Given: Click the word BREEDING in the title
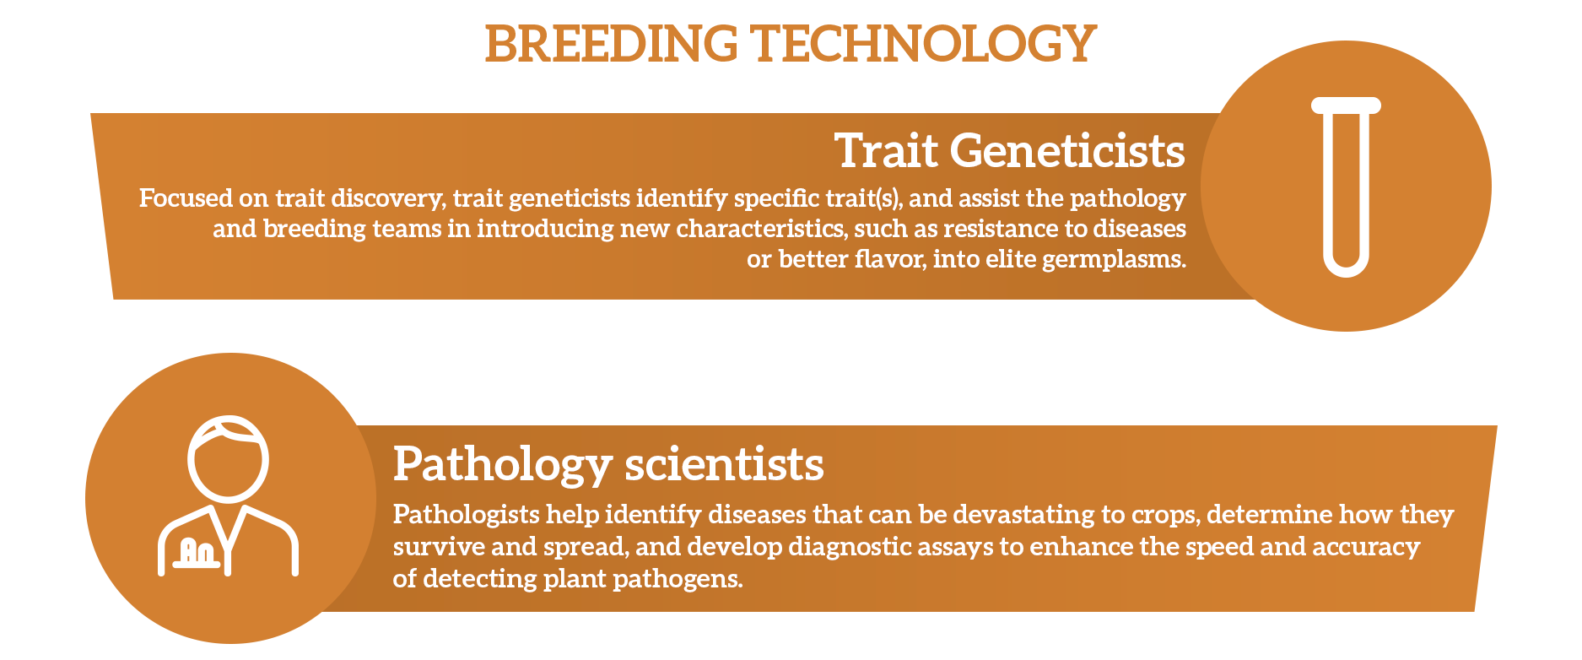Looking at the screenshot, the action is (612, 44).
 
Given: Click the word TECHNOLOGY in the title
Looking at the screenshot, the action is (924, 44).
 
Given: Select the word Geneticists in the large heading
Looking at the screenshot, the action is (1067, 152).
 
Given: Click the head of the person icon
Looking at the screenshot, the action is (228, 458).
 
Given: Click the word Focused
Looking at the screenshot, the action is (186, 198).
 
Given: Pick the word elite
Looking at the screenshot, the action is (1010, 259).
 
